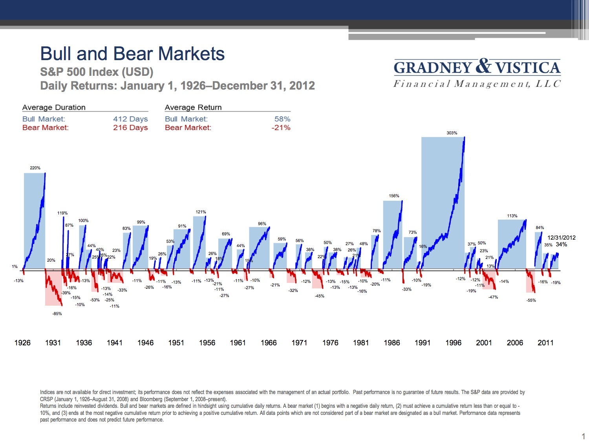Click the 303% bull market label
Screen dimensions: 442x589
click(452, 133)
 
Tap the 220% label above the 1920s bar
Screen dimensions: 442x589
click(35, 168)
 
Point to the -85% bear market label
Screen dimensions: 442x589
click(57, 314)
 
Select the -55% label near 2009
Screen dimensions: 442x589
click(531, 300)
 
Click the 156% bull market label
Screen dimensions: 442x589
click(394, 196)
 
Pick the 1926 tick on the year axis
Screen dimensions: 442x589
click(22, 343)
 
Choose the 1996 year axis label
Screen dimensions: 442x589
click(453, 343)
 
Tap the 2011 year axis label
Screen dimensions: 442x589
click(545, 343)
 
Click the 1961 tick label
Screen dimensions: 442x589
click(238, 343)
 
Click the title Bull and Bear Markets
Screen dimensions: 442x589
click(132, 54)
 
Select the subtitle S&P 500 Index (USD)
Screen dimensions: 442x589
click(97, 72)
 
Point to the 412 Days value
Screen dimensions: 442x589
click(130, 119)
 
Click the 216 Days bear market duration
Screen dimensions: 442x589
click(130, 128)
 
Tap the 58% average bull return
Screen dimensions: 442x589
click(282, 119)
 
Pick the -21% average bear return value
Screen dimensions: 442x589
click(281, 128)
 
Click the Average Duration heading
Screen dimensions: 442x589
click(54, 107)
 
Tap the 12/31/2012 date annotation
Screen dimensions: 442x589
click(562, 237)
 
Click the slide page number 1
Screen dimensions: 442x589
click(583, 436)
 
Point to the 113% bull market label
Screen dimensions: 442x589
click(512, 216)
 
